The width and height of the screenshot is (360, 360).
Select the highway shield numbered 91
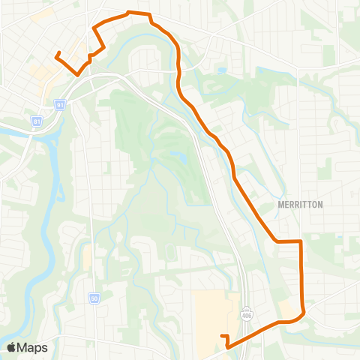click(x=59, y=106)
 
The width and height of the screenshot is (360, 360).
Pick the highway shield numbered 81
click(x=36, y=120)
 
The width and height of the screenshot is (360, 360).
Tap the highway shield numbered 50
click(x=94, y=277)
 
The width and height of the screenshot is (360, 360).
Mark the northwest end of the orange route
click(x=57, y=53)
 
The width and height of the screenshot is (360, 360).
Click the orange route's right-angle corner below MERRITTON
click(x=301, y=241)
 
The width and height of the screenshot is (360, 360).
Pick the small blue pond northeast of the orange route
click(x=222, y=71)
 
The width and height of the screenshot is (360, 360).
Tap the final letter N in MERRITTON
click(x=298, y=203)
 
